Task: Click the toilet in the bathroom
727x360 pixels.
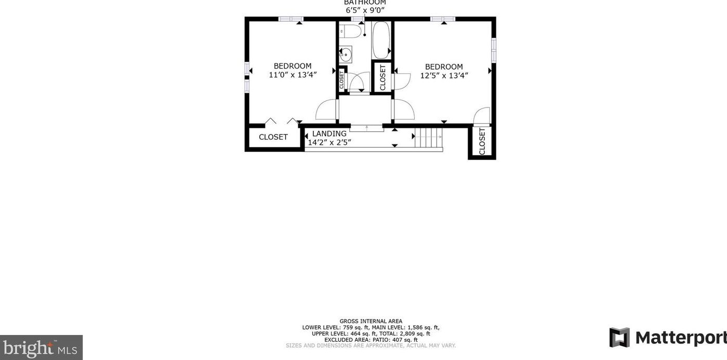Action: tap(352, 31)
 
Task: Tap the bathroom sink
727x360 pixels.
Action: tap(346, 54)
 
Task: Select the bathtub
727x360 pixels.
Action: tap(381, 40)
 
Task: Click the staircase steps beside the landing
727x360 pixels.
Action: tap(428, 139)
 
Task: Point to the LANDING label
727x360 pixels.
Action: tap(329, 134)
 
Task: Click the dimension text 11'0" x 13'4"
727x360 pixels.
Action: tap(293, 75)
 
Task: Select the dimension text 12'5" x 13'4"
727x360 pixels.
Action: tap(444, 75)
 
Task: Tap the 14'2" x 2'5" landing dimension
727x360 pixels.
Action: tap(329, 142)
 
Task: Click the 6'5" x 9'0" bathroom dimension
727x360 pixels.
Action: tap(365, 10)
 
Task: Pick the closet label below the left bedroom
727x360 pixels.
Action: tap(273, 137)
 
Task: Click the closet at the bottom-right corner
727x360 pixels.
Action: tap(482, 141)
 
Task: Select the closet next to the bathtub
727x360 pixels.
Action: tap(382, 77)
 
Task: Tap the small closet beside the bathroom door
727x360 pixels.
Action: tap(341, 79)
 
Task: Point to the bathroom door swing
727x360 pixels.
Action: tap(359, 82)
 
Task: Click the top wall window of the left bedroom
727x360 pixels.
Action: tap(290, 19)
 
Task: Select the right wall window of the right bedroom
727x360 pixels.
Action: tap(493, 50)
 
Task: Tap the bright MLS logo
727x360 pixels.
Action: tap(41, 347)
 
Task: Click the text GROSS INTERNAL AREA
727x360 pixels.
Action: tap(371, 321)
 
